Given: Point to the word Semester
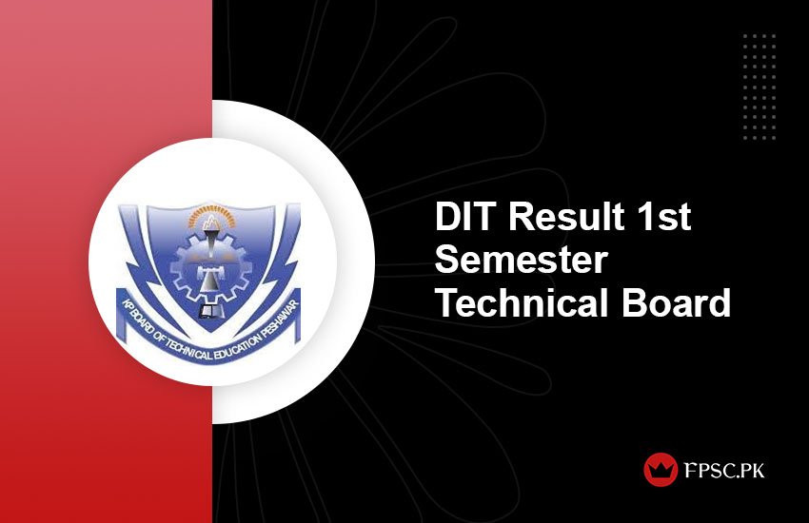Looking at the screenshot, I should point(522,261).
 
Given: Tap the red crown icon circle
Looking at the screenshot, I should point(661,470).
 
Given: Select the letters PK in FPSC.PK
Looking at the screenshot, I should point(749,470).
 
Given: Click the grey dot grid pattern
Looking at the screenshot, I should point(760,87).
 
